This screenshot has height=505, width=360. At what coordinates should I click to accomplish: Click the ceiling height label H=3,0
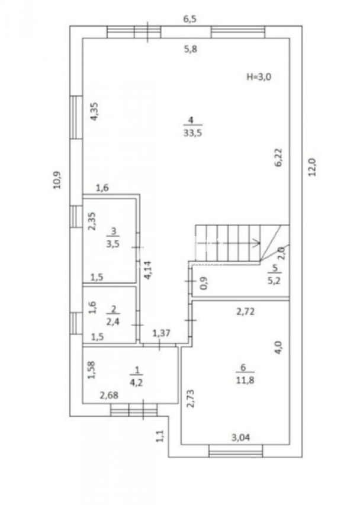(259, 76)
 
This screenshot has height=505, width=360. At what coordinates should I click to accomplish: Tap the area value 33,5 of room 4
(192, 133)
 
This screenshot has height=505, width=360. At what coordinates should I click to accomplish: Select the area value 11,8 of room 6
(245, 380)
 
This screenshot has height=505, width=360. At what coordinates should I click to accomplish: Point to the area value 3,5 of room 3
(112, 243)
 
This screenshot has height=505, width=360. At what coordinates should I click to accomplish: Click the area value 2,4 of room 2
(113, 321)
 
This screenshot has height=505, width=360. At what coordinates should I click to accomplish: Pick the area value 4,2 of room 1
(136, 383)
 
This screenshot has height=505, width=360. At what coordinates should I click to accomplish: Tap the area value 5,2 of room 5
(274, 280)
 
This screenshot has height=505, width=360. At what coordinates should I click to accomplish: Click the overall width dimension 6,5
(189, 19)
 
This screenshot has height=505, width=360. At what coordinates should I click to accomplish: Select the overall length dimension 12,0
(313, 167)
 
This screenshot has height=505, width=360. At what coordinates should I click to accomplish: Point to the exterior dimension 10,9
(57, 180)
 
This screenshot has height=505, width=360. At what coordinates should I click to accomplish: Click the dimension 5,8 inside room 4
(190, 49)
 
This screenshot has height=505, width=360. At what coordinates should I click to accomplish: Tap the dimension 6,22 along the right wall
(278, 157)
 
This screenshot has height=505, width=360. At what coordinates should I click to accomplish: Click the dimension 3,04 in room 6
(241, 438)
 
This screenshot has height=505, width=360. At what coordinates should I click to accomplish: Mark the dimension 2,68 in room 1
(109, 395)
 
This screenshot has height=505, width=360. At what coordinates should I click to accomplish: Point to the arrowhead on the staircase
(257, 243)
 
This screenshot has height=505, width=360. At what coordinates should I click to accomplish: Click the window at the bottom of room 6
(236, 451)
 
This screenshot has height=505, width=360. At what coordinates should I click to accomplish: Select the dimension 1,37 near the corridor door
(161, 333)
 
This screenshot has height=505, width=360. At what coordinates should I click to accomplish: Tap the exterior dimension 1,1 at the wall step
(160, 436)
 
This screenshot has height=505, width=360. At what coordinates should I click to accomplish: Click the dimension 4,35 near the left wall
(94, 111)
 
